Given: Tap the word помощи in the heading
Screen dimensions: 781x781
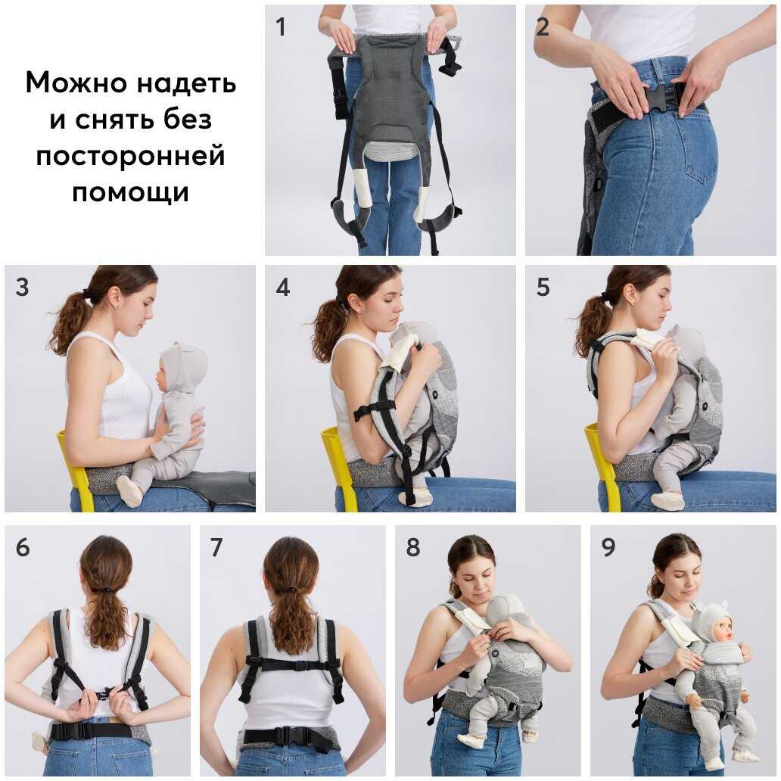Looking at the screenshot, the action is [130, 191].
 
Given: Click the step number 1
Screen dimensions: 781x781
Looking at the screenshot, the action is [281, 27].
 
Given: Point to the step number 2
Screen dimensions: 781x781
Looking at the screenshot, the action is [542, 27].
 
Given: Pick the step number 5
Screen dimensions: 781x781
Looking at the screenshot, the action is [543, 288].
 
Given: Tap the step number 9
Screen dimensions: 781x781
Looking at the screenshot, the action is [608, 547].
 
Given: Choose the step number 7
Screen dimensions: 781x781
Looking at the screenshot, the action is [216, 547].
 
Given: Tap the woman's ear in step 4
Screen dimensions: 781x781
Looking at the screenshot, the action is [355, 301].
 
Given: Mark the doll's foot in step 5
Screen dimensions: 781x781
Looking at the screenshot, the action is [667, 500].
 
